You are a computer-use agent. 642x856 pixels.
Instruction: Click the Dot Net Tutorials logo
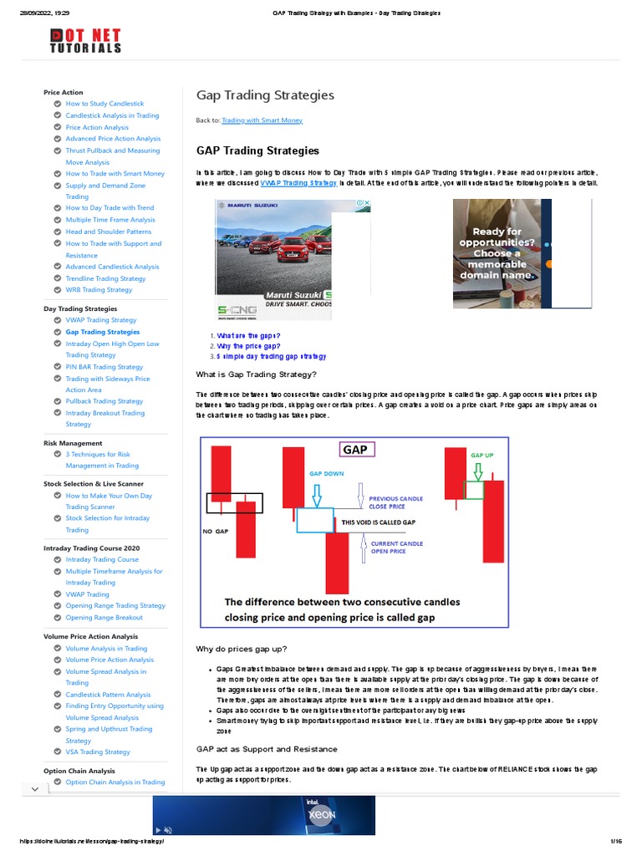[x=85, y=41]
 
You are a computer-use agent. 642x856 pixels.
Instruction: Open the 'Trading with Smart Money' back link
[x=262, y=120]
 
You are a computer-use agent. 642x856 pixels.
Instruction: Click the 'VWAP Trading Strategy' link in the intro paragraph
[x=298, y=182]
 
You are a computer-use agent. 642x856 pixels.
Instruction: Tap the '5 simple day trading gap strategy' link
[x=271, y=356]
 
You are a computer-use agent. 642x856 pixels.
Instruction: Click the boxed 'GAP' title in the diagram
[x=356, y=450]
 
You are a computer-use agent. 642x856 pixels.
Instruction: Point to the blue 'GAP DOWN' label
[x=327, y=473]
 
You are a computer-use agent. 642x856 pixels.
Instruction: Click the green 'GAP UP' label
[x=482, y=456]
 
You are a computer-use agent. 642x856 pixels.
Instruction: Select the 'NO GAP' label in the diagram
[x=216, y=531]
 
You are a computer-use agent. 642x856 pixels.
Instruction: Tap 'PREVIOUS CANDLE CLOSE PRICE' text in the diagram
[x=396, y=502]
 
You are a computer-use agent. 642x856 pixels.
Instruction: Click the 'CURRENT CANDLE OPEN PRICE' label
[x=397, y=548]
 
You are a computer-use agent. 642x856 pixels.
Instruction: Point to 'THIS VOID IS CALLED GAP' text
[x=378, y=522]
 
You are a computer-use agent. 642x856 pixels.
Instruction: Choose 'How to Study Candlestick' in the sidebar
[x=104, y=104]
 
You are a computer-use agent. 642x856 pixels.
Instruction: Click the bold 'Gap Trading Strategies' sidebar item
[x=103, y=332]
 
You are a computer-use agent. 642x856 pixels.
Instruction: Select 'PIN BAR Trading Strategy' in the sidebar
[x=104, y=367]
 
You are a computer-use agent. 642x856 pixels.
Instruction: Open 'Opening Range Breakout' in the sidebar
[x=104, y=618]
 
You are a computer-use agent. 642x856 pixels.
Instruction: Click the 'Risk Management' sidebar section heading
[x=73, y=443]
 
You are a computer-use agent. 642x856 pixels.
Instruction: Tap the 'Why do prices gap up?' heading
[x=241, y=649]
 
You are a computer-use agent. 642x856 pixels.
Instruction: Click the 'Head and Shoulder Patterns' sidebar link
[x=109, y=232]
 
